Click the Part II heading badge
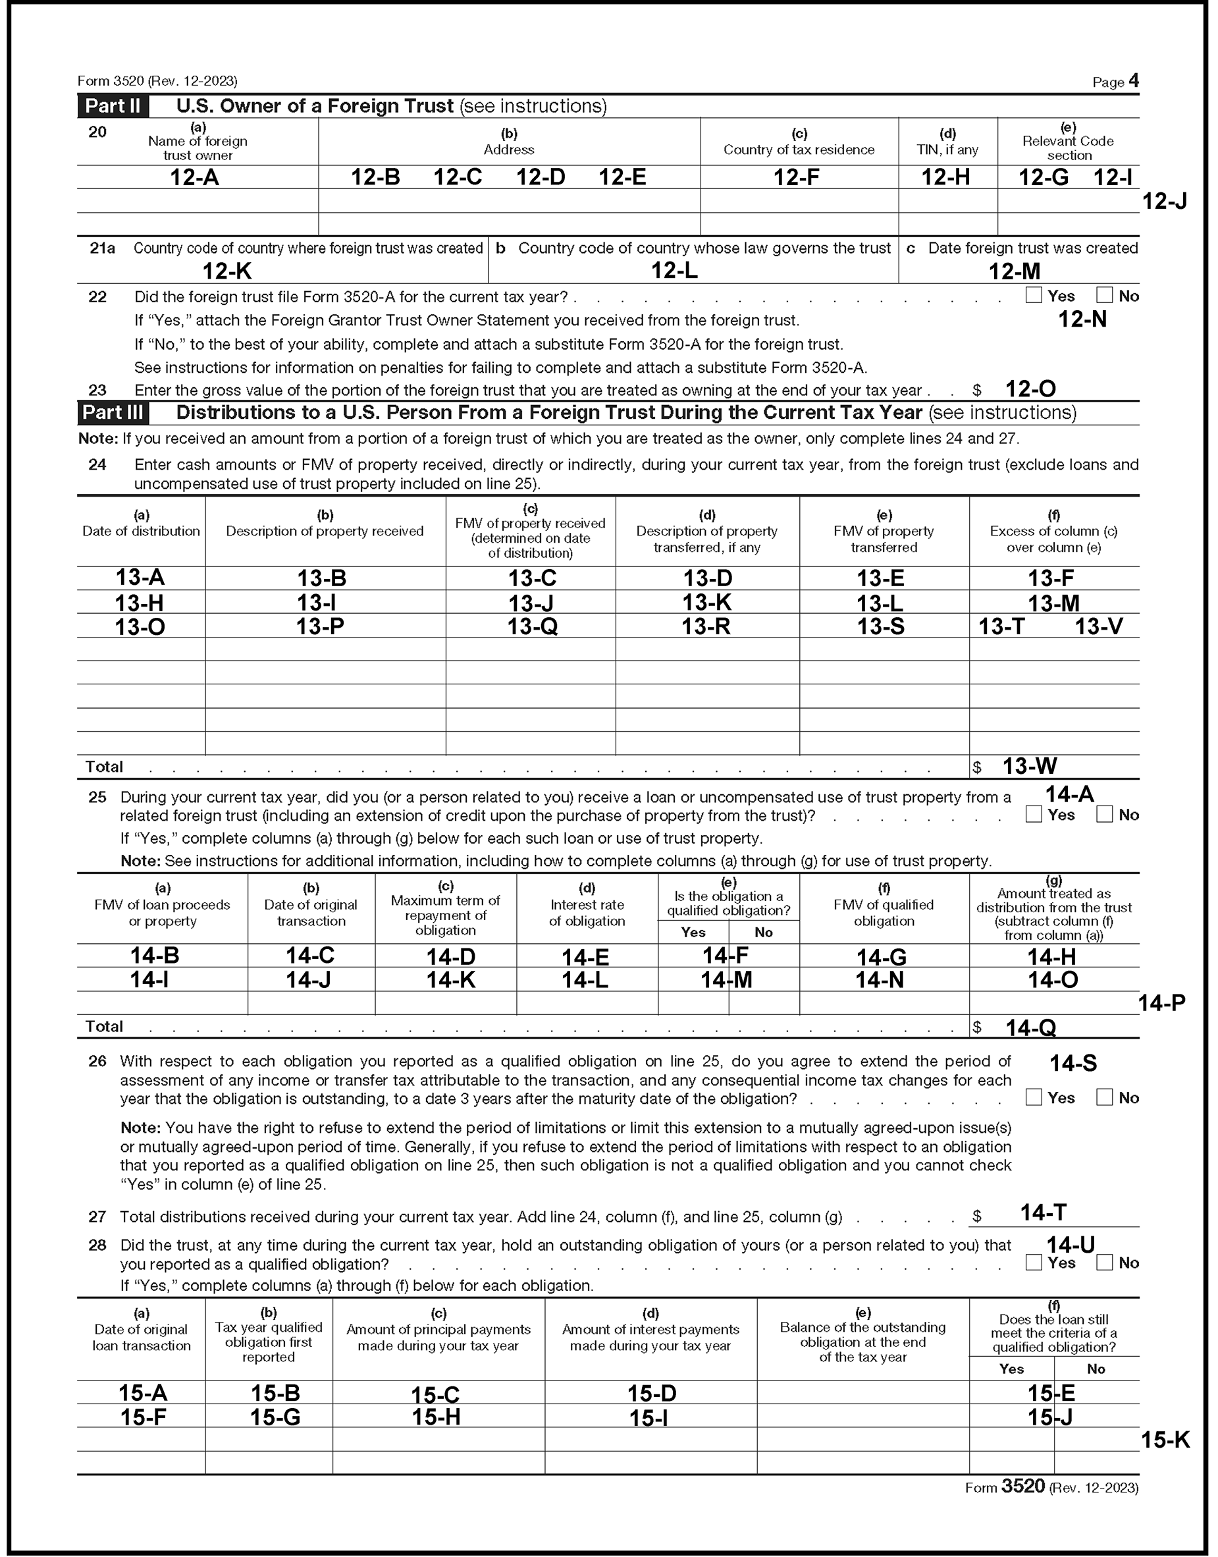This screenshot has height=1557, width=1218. (113, 106)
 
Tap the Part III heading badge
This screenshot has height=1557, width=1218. (113, 413)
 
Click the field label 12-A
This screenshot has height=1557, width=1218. (194, 178)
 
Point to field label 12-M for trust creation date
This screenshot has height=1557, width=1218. (1014, 272)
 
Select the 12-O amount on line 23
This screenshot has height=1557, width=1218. (1030, 389)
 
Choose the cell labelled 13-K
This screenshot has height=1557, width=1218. (706, 603)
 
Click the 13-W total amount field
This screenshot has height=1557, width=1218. (1030, 767)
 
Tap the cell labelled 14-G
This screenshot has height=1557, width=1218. (881, 957)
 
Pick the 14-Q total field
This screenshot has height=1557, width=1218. (1030, 1027)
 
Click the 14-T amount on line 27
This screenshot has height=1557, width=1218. (1044, 1213)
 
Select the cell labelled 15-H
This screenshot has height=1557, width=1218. (437, 1417)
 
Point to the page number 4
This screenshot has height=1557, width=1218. (1134, 80)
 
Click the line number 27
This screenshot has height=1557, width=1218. (97, 1216)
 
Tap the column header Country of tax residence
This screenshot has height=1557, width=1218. (799, 150)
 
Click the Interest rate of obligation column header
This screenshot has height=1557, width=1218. (587, 913)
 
